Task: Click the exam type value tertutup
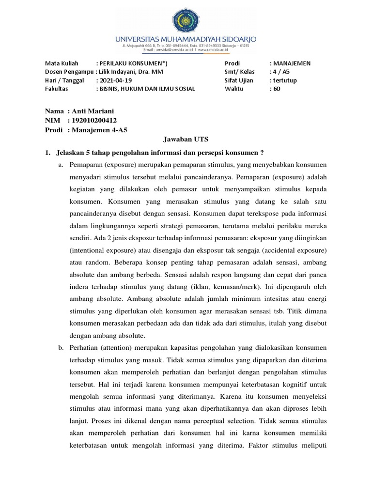(x=287, y=80)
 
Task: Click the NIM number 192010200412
(x=94, y=120)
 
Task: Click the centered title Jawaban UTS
(x=186, y=140)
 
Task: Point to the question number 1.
(x=47, y=153)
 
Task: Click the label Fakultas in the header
(x=57, y=89)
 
